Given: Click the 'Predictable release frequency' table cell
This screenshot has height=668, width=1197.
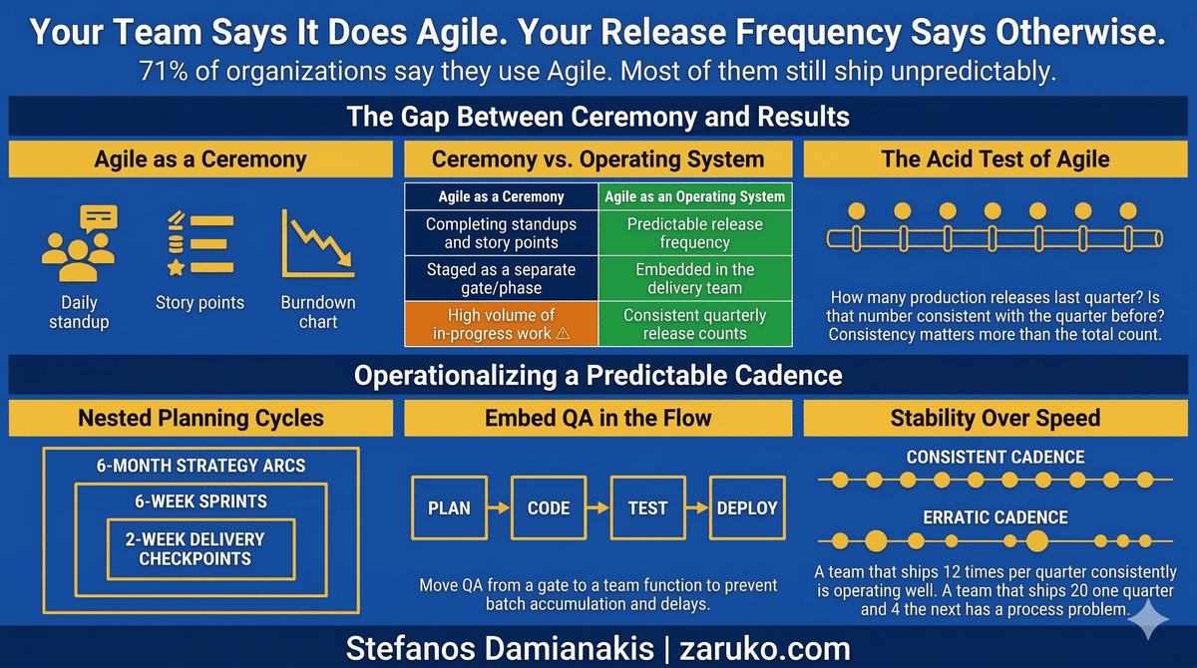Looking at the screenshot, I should tap(694, 233).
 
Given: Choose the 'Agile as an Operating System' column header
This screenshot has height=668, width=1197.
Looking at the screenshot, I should tap(694, 196).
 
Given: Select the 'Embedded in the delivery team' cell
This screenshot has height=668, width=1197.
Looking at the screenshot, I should tap(694, 279).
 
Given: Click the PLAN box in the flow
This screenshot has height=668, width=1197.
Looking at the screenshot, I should tap(449, 507).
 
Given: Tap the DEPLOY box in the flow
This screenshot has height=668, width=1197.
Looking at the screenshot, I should tap(746, 507).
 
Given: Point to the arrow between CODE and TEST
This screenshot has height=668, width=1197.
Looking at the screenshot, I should tap(598, 507).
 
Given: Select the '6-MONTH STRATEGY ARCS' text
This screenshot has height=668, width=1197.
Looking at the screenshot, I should tap(200, 466).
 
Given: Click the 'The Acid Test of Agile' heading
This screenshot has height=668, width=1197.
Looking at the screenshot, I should tap(996, 159).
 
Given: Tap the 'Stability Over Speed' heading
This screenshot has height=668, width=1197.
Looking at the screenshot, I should tap(996, 418).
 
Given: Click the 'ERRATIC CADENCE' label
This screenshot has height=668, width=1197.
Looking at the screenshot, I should tap(996, 517).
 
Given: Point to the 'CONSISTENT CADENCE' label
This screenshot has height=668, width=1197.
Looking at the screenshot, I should tap(996, 458).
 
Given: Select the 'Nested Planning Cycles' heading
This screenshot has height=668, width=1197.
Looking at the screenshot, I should tap(200, 418).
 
